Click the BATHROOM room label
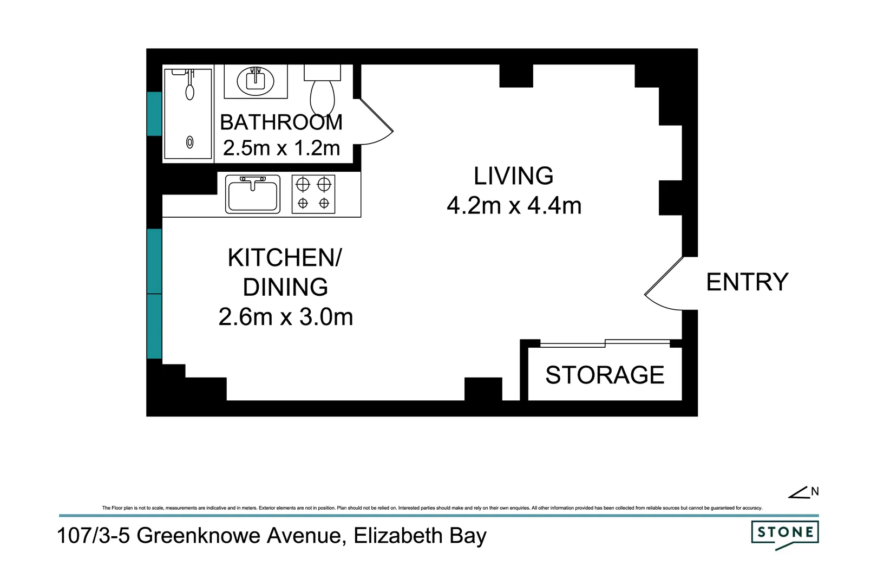[x=281, y=122]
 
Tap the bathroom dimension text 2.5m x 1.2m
[x=281, y=148]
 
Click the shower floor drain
[x=190, y=142]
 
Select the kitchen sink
[x=253, y=194]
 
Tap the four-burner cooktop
[x=313, y=194]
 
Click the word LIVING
[x=513, y=176]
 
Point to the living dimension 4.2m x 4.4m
[x=514, y=206]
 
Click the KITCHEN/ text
[x=285, y=258]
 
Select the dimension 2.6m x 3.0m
[x=285, y=317]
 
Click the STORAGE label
[x=604, y=375]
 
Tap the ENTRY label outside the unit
[x=747, y=282]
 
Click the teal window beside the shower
[x=154, y=114]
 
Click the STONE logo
[x=785, y=534]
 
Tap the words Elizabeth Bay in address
[x=420, y=536]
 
